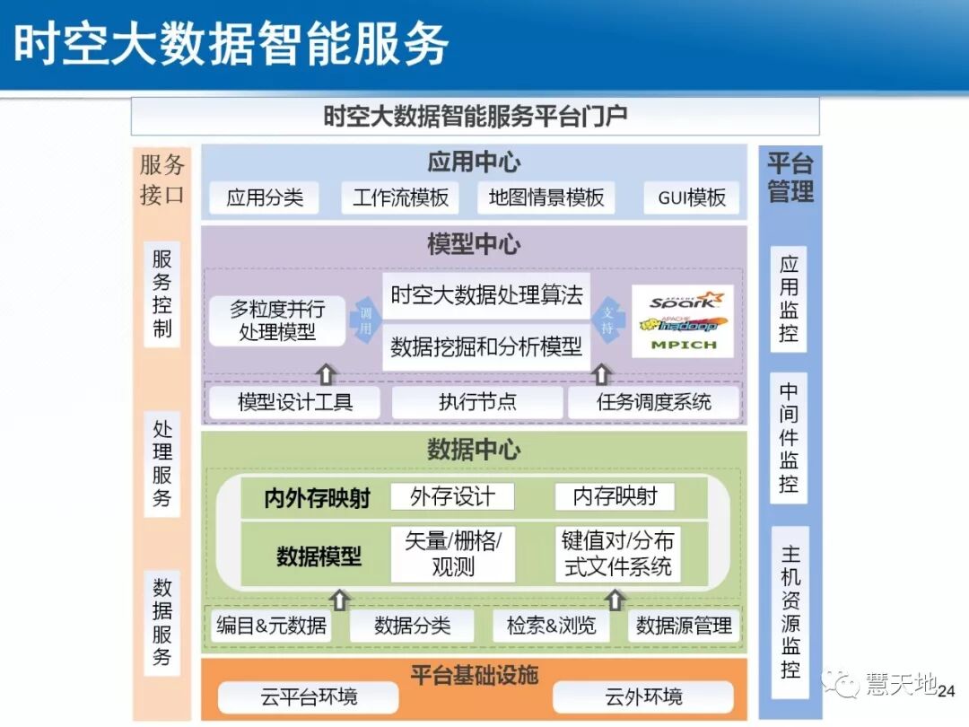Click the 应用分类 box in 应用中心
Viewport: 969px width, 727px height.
[x=265, y=198]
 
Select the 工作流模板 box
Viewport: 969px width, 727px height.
[x=400, y=198]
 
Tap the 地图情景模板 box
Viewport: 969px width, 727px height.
[x=546, y=198]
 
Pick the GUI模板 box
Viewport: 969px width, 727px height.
[x=691, y=198]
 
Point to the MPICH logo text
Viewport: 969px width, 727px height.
[x=684, y=345]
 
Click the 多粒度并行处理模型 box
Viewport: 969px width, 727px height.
[x=277, y=320]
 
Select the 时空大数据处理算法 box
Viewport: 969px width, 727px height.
[x=486, y=295]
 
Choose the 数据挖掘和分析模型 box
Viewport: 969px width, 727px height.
[x=486, y=347]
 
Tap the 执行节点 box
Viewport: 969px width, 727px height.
[x=477, y=402]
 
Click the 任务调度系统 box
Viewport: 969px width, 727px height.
[x=653, y=402]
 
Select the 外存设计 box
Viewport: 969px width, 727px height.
[x=452, y=496]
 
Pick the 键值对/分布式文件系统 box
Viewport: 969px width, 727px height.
[x=616, y=554]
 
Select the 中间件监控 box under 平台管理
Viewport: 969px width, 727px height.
[x=789, y=438]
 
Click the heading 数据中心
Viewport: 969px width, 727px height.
[x=474, y=450]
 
